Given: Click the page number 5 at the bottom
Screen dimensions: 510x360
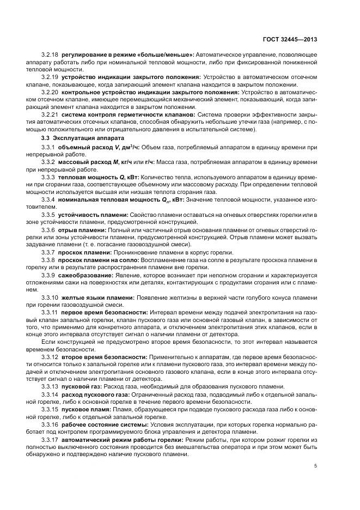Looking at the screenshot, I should (x=316, y=466).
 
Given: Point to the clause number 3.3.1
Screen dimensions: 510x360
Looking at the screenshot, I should (x=48, y=148).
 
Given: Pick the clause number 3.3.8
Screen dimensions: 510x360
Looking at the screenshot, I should (x=48, y=260).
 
